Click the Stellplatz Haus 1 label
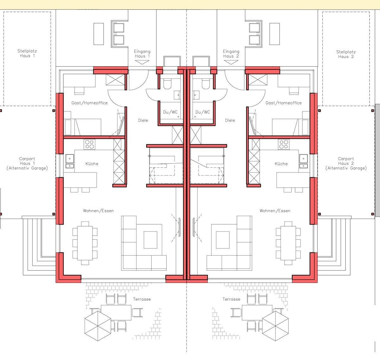pos(27,53)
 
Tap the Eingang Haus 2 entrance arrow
pos(231,62)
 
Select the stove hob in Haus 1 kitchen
pos(90,144)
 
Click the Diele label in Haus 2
pos(230,120)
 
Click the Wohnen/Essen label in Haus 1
pos(98,211)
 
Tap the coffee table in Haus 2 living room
pos(223,240)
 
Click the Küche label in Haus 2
pos(281,164)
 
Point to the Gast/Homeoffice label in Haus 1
pos(90,103)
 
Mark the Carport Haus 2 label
pos(346,163)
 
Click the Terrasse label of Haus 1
pos(142,299)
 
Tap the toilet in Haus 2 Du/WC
pos(206,84)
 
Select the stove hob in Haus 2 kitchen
pos(284,144)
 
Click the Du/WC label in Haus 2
pos(203,112)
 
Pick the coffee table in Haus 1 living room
pos(150,240)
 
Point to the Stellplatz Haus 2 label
pos(346,54)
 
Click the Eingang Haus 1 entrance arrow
pos(142,62)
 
